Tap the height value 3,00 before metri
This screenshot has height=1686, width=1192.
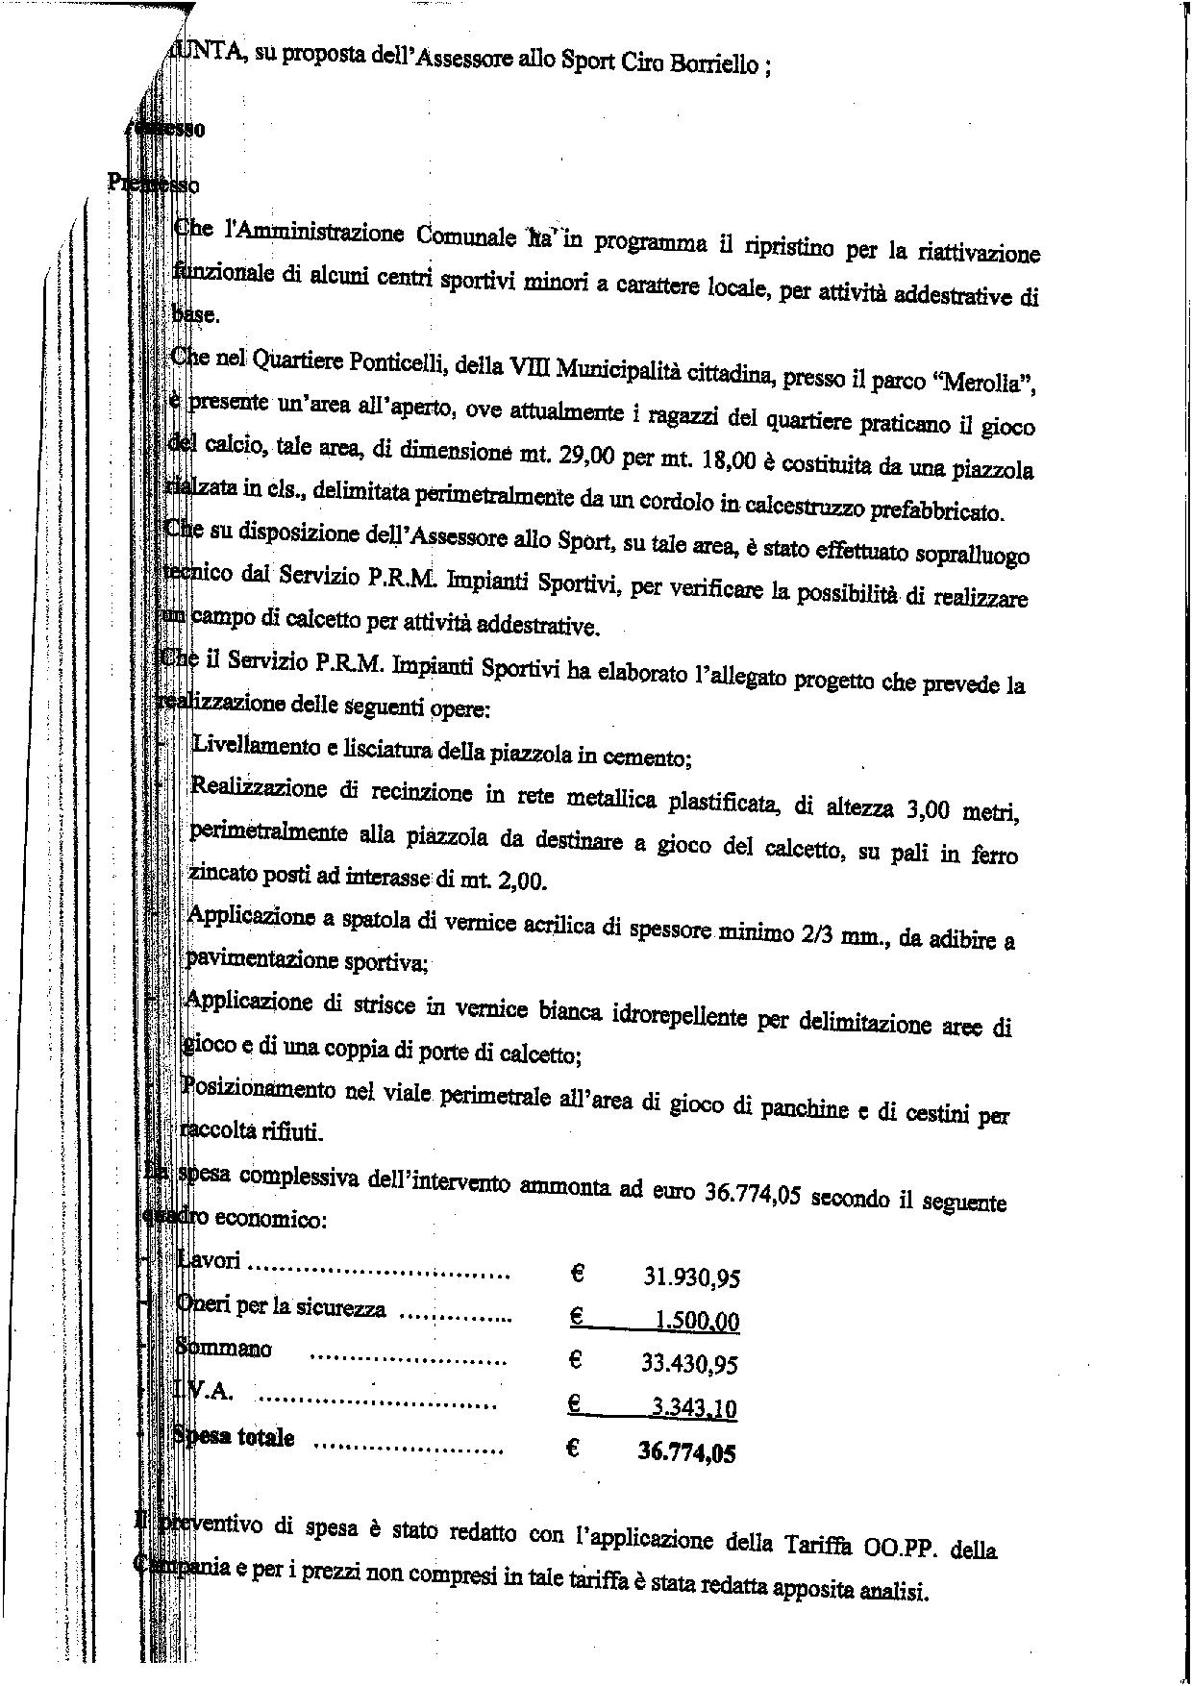[x=928, y=809]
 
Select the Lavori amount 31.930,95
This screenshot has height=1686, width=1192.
[x=691, y=1277]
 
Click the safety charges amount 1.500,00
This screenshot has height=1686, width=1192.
[x=697, y=1322]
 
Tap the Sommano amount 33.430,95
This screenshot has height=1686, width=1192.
[x=689, y=1364]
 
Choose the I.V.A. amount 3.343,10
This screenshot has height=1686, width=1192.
[x=693, y=1410]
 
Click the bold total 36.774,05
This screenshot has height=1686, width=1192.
[x=686, y=1452]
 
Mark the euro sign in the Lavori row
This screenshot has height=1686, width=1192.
[x=578, y=1275]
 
